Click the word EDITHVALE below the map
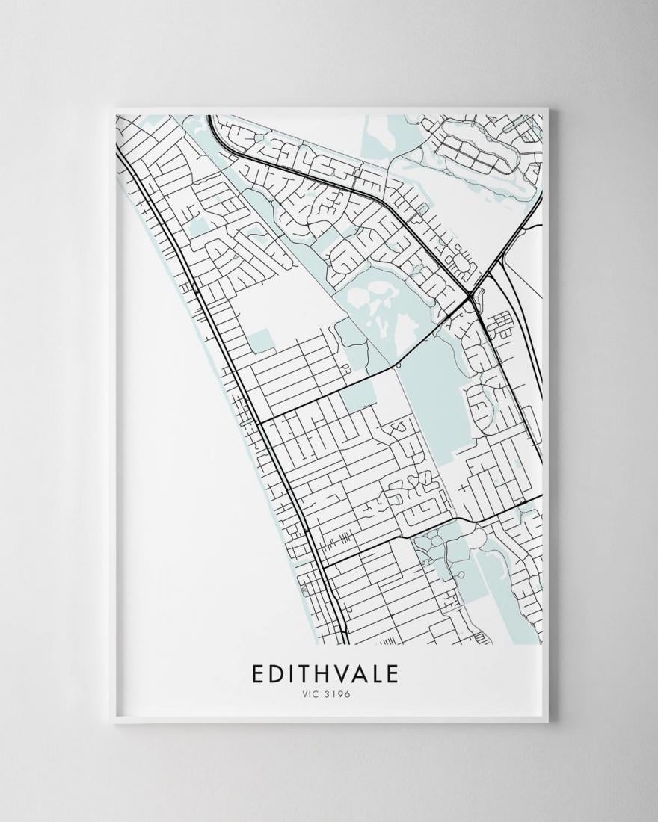coord(325,673)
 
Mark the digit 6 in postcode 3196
coord(348,695)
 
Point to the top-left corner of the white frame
coord(111,110)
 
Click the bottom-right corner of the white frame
coord(548,721)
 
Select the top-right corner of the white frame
coord(548,110)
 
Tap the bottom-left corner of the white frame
coord(111,721)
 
